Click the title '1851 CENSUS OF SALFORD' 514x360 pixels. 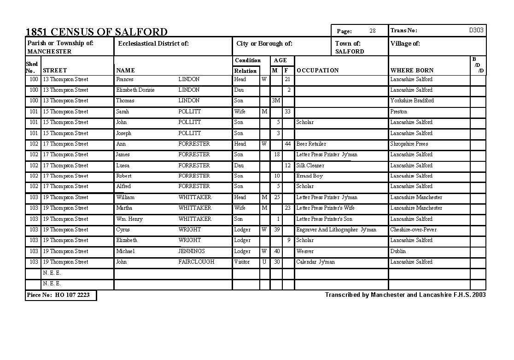click(x=96, y=32)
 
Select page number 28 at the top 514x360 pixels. click(x=373, y=31)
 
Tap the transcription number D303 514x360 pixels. click(x=476, y=30)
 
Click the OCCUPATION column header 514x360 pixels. click(x=317, y=71)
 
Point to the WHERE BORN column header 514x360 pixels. click(x=412, y=71)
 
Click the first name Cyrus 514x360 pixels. click(x=123, y=230)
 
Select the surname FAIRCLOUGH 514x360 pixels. click(x=196, y=262)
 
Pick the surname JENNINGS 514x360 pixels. click(x=192, y=251)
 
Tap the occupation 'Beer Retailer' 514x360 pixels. click(x=311, y=144)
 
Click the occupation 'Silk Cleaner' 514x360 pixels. click(x=310, y=165)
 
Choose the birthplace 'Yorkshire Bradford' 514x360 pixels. click(x=412, y=100)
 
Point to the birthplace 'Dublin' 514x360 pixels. click(x=398, y=251)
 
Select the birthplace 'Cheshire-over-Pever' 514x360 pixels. click(x=413, y=230)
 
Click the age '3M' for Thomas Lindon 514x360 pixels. click(x=275, y=100)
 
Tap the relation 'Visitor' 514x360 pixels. click(x=242, y=262)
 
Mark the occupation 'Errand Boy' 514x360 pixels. click(x=310, y=176)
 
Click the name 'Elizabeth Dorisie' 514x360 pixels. click(x=135, y=90)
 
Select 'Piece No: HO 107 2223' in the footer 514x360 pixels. click(x=58, y=295)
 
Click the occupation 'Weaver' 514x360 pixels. click(x=305, y=251)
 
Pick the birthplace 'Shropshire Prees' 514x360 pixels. click(x=409, y=144)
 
